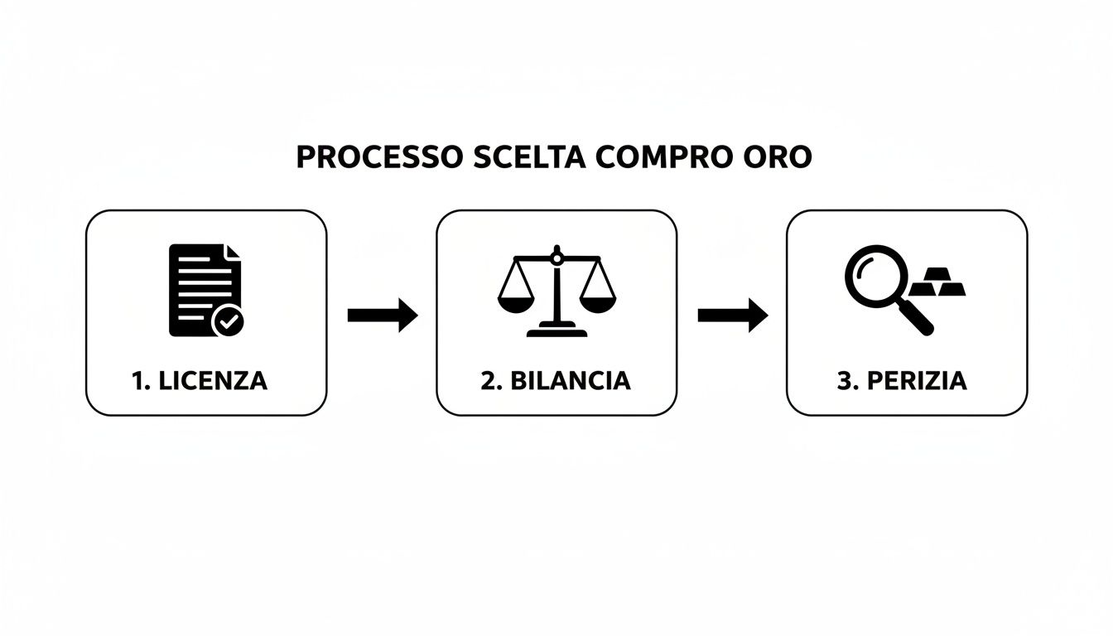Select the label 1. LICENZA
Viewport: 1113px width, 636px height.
pyautogui.click(x=200, y=380)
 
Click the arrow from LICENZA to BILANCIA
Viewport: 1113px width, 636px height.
pyautogui.click(x=382, y=315)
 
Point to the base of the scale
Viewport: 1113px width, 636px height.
pyautogui.click(x=556, y=332)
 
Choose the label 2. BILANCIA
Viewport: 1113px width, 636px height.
pyautogui.click(x=555, y=380)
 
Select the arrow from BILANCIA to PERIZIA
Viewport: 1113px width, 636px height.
pyautogui.click(x=732, y=315)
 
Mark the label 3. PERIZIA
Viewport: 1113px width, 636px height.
pyautogui.click(x=902, y=380)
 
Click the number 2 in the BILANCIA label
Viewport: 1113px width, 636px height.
pyautogui.click(x=486, y=380)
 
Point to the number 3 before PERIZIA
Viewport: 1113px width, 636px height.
pyautogui.click(x=844, y=380)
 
